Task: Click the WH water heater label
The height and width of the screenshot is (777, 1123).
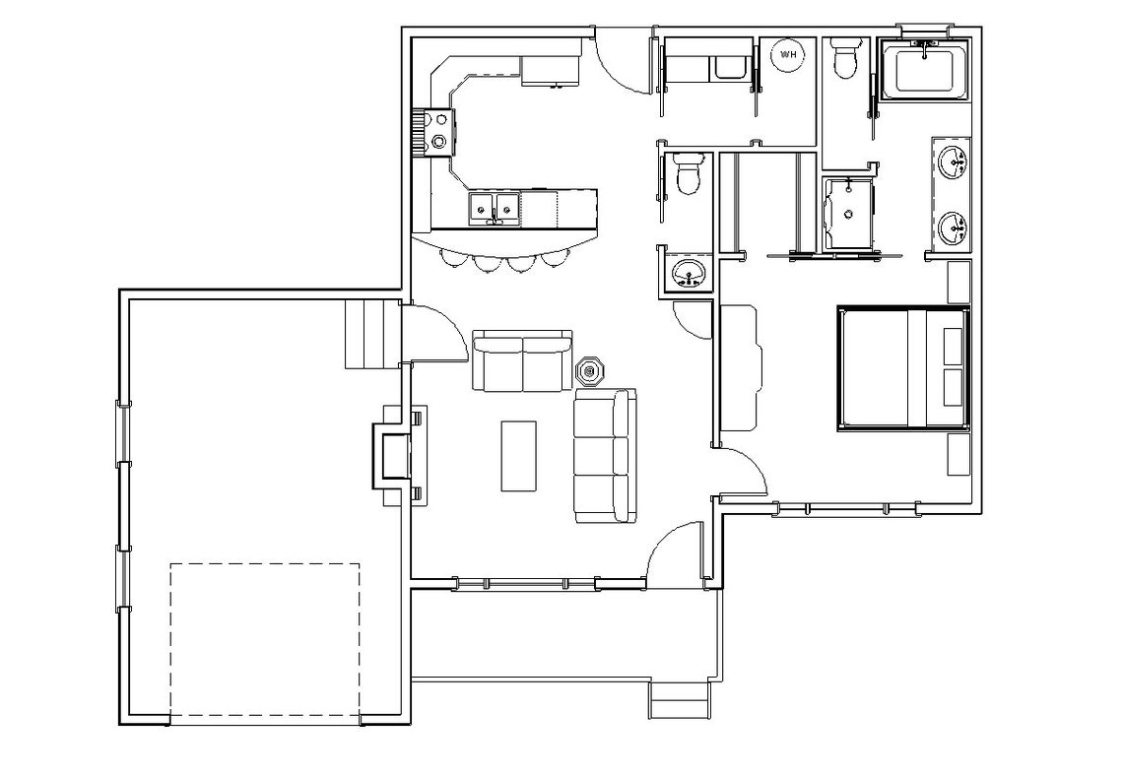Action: click(789, 55)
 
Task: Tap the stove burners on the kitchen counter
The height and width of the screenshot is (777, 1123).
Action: click(438, 131)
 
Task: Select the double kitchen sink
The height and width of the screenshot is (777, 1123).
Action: click(494, 207)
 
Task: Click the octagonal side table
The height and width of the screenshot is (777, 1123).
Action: click(590, 371)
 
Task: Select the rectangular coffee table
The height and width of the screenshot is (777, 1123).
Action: click(519, 455)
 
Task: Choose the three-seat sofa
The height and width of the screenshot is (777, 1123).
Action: click(604, 456)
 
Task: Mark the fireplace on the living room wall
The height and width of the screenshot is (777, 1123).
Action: click(394, 455)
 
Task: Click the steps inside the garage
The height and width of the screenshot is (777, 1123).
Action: click(371, 334)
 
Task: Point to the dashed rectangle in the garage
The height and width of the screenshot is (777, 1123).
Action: click(265, 639)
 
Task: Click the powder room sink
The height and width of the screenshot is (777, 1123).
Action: click(687, 271)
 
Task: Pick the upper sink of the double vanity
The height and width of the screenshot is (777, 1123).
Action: click(953, 162)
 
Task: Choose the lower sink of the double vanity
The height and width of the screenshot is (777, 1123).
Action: click(953, 227)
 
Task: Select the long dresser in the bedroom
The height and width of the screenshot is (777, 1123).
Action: click(738, 368)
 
